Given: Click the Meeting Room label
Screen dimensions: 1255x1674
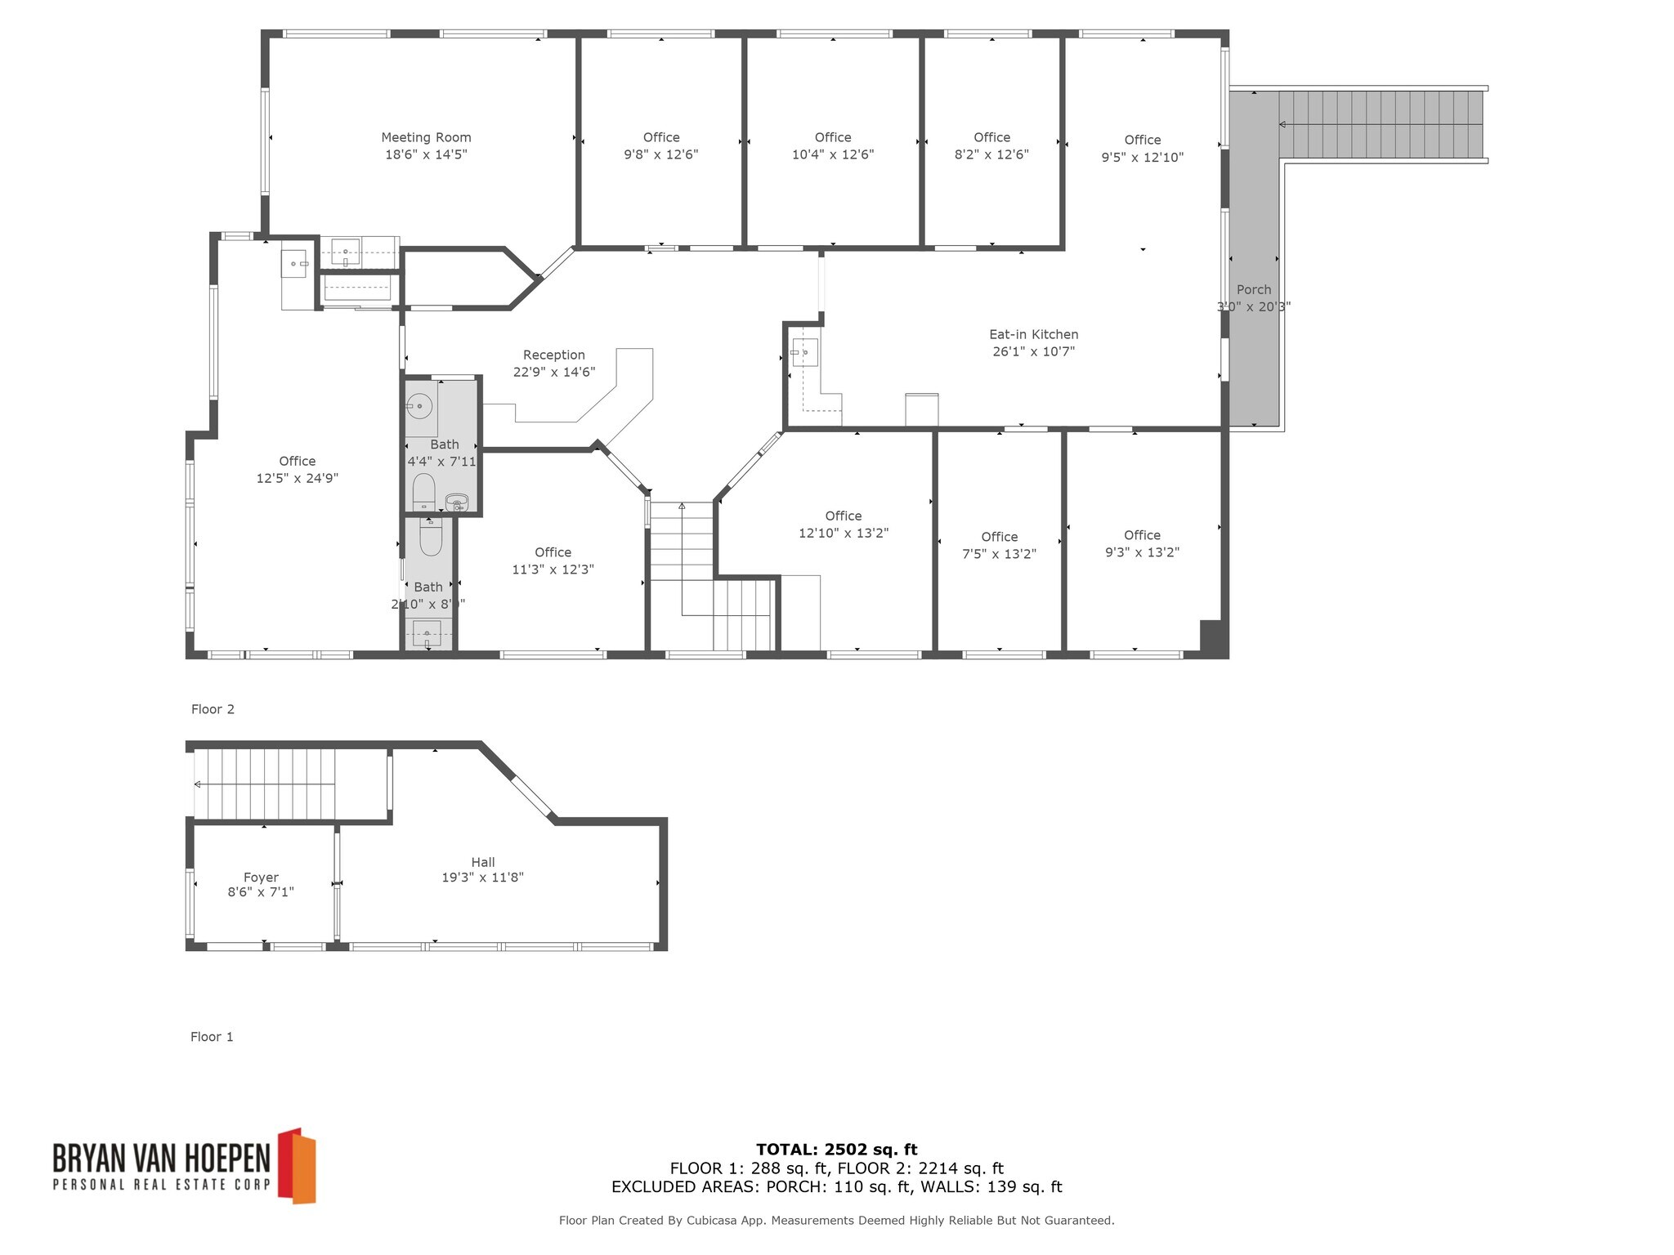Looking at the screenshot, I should point(426,137).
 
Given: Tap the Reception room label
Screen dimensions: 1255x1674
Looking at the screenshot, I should point(553,355).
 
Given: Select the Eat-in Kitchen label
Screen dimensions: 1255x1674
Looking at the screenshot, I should point(1033,334).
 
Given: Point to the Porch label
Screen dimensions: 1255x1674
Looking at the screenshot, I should point(1253,289).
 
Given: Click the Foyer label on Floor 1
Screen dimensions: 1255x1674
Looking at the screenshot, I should point(261,878).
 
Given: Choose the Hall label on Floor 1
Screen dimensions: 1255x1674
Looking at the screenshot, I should point(482,862).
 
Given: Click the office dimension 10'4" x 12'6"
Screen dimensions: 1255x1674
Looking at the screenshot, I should point(832,154).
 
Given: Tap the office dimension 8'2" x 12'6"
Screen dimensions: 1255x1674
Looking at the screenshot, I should point(991,154).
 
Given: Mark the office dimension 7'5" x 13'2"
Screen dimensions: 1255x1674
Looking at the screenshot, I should point(999,554).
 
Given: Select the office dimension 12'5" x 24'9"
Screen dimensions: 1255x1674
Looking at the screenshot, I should point(297,478).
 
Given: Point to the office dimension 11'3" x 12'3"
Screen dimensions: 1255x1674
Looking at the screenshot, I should point(553,569).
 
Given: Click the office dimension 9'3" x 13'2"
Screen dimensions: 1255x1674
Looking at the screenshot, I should point(1142,552).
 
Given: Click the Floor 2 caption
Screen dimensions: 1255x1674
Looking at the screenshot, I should point(213,709).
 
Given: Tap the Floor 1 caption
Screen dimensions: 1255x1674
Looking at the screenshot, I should point(212,1037).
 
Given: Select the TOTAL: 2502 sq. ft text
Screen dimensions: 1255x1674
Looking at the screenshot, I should point(836,1150).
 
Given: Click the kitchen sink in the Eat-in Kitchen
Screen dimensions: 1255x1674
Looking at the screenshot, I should point(804,352).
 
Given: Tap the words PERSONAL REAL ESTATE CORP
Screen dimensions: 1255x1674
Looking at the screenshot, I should point(161,1185).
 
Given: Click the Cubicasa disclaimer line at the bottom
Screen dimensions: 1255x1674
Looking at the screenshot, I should point(836,1221).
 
